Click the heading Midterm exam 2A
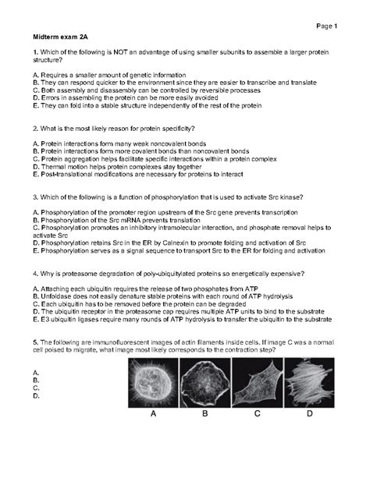point(55,36)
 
